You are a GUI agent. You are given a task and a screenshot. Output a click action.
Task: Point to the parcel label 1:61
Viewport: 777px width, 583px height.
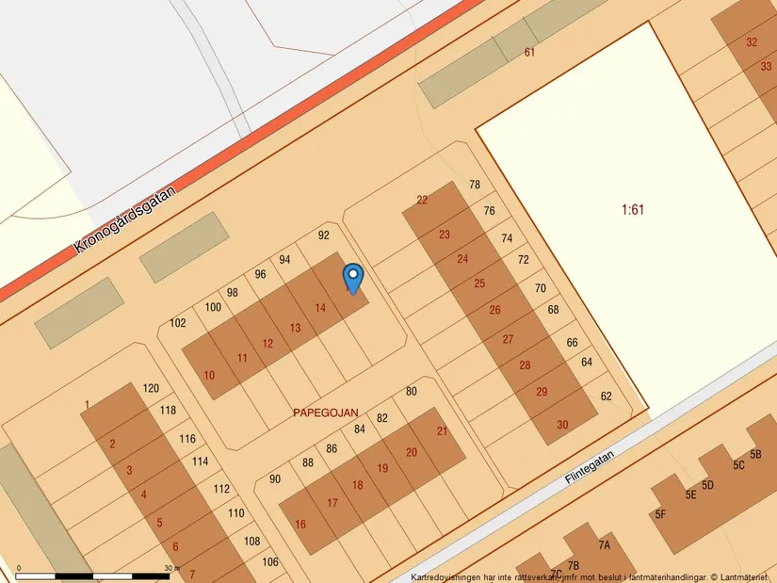[x=633, y=209]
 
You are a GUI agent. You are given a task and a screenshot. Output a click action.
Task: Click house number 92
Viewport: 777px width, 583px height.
[x=324, y=235]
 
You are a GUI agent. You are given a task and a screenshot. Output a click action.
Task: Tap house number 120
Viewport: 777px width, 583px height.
[x=151, y=388]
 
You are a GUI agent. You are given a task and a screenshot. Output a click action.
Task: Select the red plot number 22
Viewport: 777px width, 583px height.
[x=422, y=200]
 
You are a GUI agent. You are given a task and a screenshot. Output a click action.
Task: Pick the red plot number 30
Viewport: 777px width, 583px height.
[x=562, y=425]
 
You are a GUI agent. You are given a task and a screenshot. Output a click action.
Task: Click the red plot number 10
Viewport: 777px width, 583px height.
[x=209, y=375]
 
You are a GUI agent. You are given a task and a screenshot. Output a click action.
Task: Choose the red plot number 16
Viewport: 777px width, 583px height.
[x=300, y=525]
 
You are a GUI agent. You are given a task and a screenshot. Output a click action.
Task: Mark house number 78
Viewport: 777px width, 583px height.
[x=475, y=186]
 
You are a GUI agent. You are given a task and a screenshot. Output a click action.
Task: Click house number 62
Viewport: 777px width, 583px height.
[x=606, y=397]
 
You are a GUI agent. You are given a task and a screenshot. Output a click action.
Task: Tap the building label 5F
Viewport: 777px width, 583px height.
[x=660, y=514]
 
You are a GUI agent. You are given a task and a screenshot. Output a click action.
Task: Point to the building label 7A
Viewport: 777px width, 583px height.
[x=604, y=545]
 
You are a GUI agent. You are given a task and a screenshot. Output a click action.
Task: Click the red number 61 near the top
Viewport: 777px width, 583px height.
[x=529, y=53]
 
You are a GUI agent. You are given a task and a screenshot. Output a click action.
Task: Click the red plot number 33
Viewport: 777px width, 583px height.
[x=766, y=66]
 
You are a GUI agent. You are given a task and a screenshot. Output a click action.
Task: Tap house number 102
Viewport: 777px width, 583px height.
[x=177, y=323]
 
